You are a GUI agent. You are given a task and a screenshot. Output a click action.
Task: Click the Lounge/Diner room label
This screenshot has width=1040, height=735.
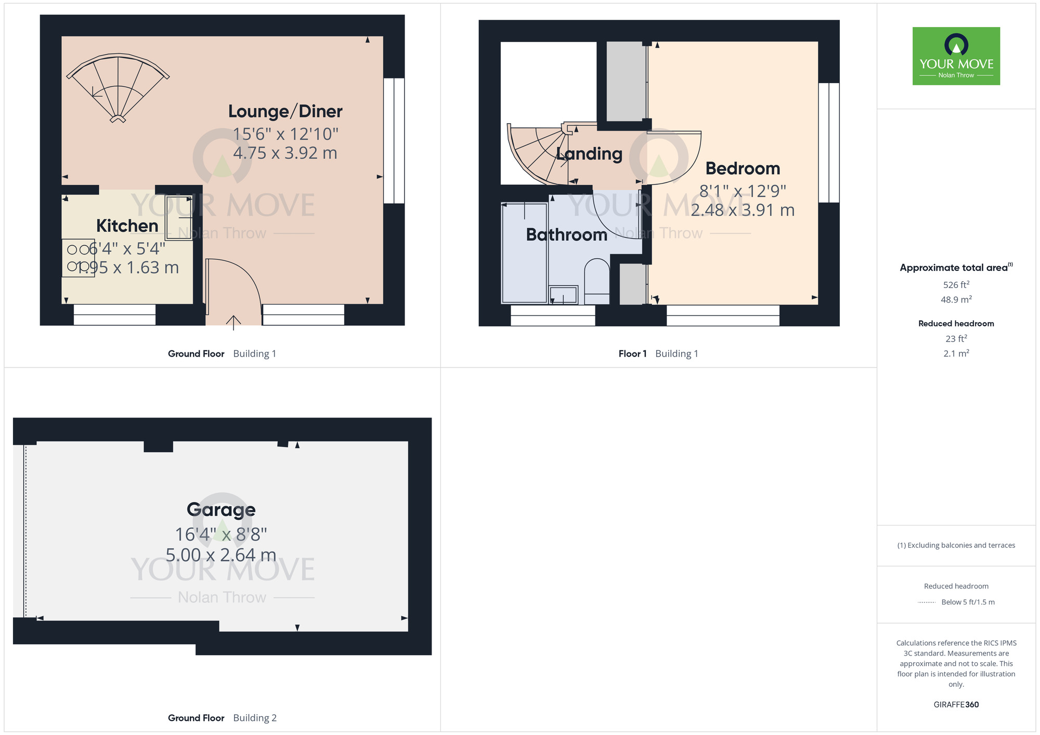click(x=285, y=111)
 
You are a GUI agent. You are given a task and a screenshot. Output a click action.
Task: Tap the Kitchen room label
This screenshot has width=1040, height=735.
click(x=127, y=226)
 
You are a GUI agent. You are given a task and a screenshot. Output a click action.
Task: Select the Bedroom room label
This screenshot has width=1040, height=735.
click(x=743, y=168)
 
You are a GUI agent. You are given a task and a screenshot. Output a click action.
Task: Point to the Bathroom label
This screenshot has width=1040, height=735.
click(x=566, y=234)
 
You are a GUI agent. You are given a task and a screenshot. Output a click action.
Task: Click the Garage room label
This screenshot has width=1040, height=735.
click(x=221, y=509)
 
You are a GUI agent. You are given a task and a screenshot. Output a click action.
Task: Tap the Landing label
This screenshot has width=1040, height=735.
click(x=589, y=153)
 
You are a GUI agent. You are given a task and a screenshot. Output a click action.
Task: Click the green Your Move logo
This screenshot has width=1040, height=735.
click(x=956, y=56)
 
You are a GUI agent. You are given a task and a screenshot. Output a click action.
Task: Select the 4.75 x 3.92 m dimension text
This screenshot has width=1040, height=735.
click(x=285, y=153)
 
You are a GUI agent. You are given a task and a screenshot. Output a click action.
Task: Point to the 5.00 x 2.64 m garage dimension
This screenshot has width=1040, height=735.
click(x=221, y=555)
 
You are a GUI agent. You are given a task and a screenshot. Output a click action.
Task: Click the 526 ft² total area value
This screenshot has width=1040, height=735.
click(x=956, y=285)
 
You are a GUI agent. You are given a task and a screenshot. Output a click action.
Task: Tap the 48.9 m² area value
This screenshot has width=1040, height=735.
click(x=956, y=299)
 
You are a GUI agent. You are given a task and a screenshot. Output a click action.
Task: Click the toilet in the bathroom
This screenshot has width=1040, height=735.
click(x=596, y=281)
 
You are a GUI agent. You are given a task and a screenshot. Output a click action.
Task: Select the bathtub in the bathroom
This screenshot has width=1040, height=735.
click(x=524, y=253)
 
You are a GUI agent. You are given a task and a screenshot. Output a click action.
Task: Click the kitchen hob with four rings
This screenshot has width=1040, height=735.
click(x=78, y=258)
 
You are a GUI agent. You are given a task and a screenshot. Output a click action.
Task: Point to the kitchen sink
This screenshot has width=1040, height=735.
click(x=178, y=217)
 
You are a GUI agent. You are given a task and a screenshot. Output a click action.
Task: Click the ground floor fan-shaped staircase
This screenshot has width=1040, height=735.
click(x=118, y=86)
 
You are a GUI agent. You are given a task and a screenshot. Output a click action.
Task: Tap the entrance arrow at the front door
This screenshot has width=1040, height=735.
click(x=233, y=322)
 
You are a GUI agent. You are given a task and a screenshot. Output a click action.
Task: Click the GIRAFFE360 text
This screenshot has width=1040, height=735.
click(x=956, y=705)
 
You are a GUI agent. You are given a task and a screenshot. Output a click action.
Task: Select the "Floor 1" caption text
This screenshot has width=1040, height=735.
click(x=632, y=354)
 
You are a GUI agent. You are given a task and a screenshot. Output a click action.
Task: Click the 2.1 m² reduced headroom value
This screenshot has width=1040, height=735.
click(x=956, y=353)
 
